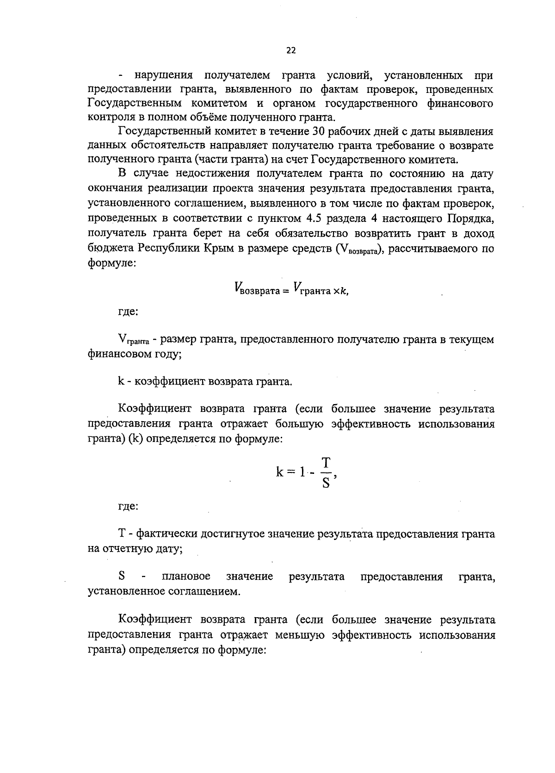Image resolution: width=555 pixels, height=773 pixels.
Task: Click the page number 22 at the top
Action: [x=290, y=51]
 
